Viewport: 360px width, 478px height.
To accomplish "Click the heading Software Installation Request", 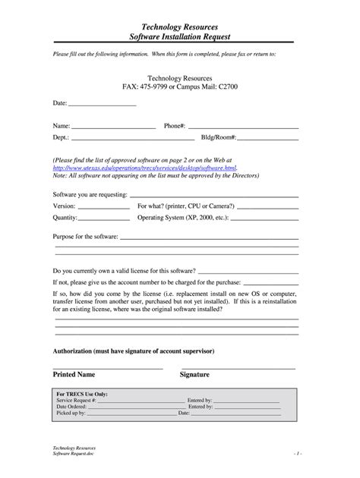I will click(180, 36).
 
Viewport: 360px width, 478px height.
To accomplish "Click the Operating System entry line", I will click(267, 219).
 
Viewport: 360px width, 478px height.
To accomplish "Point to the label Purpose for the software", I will click(84, 237).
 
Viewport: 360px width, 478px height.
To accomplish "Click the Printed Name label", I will click(74, 375).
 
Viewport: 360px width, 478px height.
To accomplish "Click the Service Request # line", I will click(141, 401).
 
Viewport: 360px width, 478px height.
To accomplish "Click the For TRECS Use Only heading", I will click(82, 395).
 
